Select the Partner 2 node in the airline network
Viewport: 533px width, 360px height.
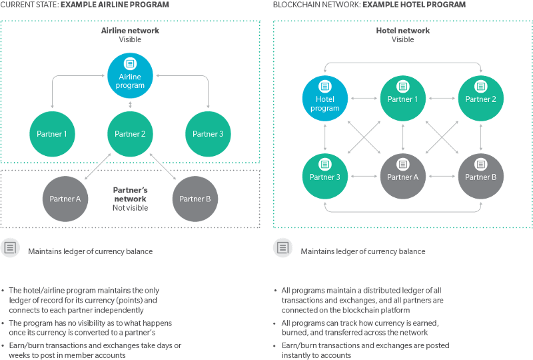click(131, 134)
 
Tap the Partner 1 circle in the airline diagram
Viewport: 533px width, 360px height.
click(52, 134)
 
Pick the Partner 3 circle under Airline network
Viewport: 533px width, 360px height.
click(208, 134)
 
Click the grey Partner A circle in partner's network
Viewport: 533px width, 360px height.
click(65, 198)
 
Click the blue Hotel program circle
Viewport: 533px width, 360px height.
click(324, 99)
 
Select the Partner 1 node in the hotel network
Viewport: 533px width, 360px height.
click(402, 99)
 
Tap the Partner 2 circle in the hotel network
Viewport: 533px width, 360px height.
click(481, 99)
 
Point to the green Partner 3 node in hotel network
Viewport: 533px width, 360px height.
click(324, 177)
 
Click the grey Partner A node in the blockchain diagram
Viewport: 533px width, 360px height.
click(402, 177)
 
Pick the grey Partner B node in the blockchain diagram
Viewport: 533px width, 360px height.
click(481, 177)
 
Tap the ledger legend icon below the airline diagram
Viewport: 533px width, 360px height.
click(10, 249)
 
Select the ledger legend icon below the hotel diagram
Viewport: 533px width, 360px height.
click(282, 249)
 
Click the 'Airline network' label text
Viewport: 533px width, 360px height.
click(131, 31)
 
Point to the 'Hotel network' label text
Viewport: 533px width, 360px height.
click(402, 31)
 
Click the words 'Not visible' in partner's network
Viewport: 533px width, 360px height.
click(131, 207)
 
